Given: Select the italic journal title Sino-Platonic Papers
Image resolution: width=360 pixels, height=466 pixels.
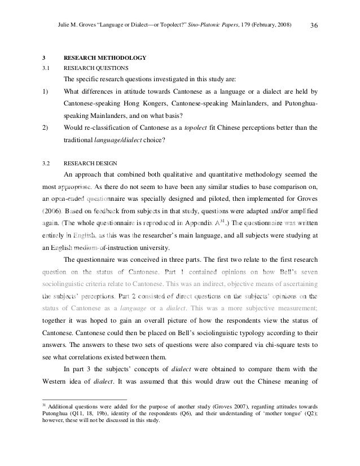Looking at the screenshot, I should pos(218,24).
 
